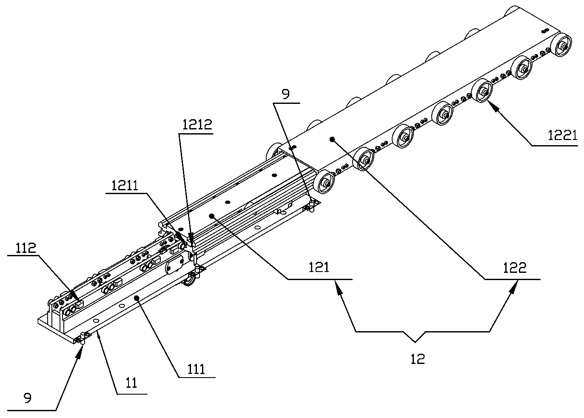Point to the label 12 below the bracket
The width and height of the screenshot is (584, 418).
click(418, 359)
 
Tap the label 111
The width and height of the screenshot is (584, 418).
click(196, 369)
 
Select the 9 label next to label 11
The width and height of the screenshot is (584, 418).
click(28, 399)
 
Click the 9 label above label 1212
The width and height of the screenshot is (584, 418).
click(286, 94)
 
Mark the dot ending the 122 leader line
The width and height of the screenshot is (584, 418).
click(332, 139)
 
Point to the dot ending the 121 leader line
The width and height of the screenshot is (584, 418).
click(211, 216)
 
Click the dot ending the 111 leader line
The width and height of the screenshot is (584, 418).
click(136, 298)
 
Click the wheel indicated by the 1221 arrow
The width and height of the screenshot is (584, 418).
click(482, 91)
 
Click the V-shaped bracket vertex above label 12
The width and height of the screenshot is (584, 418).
click(416, 341)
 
